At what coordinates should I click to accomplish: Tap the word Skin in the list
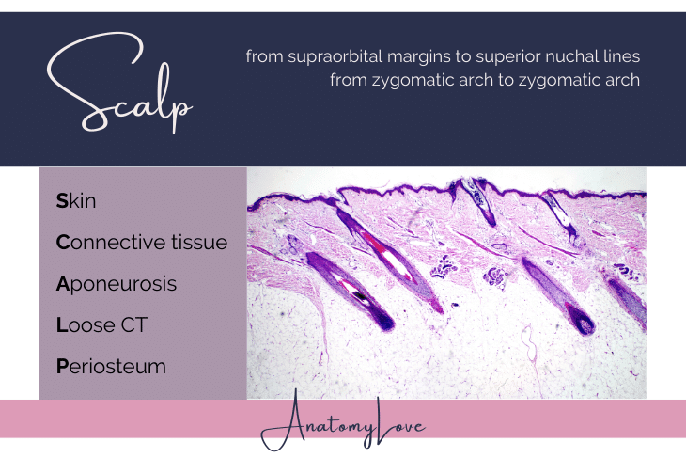pos(76,201)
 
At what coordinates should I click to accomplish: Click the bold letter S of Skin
pos(62,201)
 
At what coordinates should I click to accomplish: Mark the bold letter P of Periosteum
pos(62,367)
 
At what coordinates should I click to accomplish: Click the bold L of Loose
pos(61,325)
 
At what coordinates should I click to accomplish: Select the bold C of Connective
pos(63,243)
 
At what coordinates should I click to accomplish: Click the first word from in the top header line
pos(263,57)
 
